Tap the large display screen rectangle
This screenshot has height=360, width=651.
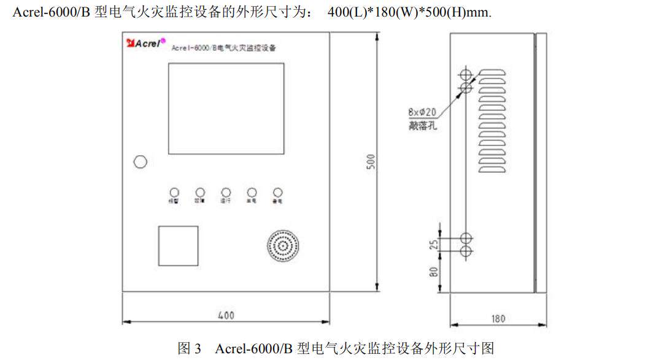tap(226, 108)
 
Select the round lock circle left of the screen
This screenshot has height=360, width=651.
tap(140, 161)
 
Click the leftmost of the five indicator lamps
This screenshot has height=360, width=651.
tap(174, 192)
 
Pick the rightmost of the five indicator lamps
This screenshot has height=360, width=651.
tap(277, 192)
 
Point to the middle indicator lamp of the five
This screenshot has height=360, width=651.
tap(226, 192)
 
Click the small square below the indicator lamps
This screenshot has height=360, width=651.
tap(178, 245)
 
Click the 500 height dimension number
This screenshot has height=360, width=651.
tap(371, 161)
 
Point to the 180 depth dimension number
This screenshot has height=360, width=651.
tap(498, 318)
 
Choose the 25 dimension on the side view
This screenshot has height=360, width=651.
tap(434, 245)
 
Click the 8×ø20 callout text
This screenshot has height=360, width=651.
tap(422, 112)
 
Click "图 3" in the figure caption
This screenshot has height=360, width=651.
tap(189, 348)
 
